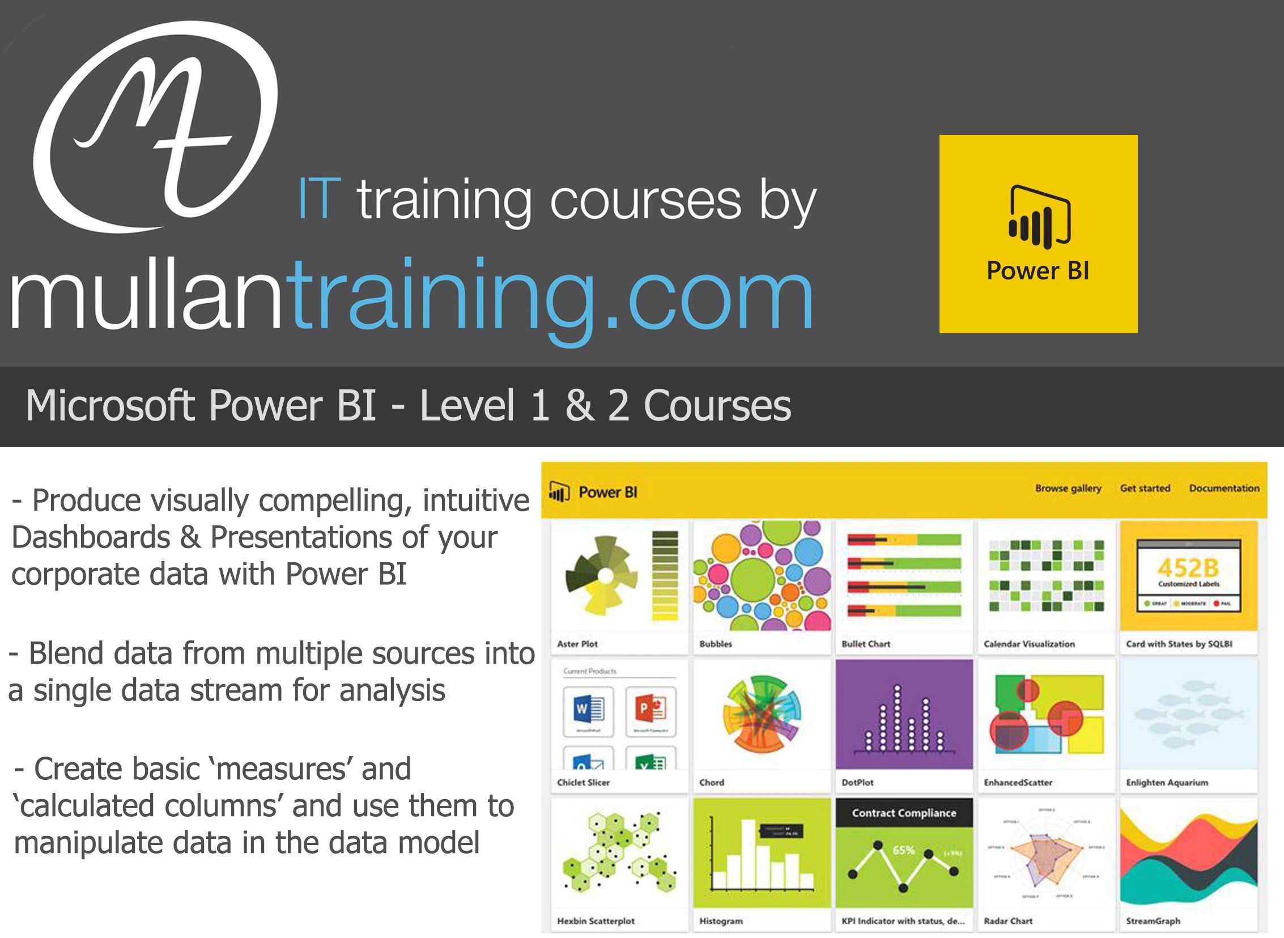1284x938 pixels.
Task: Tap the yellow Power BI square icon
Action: (x=1038, y=234)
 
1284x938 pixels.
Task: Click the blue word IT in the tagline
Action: (x=319, y=200)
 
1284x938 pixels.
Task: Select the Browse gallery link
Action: (x=1068, y=489)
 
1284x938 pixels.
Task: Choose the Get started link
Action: (x=1145, y=489)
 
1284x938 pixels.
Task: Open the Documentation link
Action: (x=1224, y=489)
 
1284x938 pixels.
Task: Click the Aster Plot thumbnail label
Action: (x=577, y=644)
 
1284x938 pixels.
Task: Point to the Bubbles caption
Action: (x=715, y=644)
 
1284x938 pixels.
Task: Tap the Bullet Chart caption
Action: (x=866, y=644)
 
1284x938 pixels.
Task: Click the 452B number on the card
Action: (x=1188, y=567)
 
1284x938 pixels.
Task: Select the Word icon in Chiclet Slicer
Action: (x=588, y=708)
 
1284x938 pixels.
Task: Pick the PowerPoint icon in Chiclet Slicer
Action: (x=650, y=708)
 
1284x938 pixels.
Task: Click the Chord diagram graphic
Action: (x=762, y=713)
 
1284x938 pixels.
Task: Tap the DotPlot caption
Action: (x=857, y=783)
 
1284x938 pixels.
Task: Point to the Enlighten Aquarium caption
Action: (x=1167, y=783)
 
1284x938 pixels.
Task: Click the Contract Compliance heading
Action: (x=904, y=813)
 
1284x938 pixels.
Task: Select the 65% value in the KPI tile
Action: (x=904, y=850)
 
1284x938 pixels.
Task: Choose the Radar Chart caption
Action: (x=1007, y=921)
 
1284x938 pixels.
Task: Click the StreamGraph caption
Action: (x=1153, y=921)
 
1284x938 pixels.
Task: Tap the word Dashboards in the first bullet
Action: (x=91, y=538)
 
